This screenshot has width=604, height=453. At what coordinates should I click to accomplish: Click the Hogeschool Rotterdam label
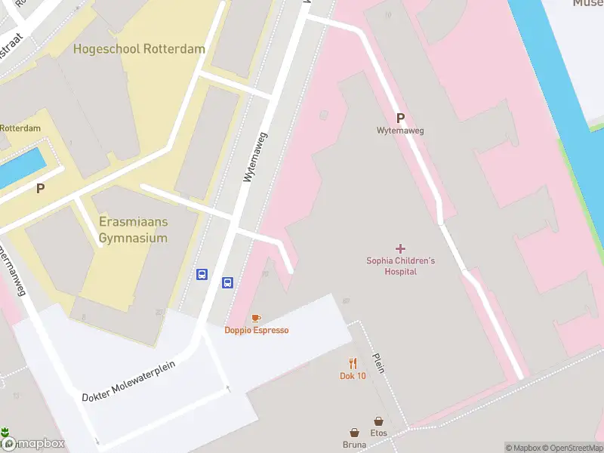coord(139,49)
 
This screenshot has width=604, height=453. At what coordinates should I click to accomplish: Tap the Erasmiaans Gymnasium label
coord(133,230)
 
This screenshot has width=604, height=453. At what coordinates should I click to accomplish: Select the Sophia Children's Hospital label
coord(400,266)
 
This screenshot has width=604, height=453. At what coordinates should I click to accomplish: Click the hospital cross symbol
coord(400,248)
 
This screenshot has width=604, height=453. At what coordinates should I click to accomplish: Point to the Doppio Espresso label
coord(256,330)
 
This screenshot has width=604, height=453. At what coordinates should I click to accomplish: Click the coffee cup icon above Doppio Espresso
coord(256,318)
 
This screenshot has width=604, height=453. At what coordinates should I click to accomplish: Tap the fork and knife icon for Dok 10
coord(353,363)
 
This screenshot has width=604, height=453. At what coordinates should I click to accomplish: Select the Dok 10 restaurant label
coord(353,376)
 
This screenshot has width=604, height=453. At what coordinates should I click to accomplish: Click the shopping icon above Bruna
coord(355,433)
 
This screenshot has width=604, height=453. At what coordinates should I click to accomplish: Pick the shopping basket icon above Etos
coord(378,421)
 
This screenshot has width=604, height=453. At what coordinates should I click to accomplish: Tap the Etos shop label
coord(378,433)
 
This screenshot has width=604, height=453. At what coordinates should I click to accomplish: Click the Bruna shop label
coord(355,445)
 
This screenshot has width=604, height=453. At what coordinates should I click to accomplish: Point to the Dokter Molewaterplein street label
coord(128,381)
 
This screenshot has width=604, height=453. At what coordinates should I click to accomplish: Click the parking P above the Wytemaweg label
coord(400,118)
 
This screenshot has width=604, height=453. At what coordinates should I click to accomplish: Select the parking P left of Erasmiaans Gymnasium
coord(40,189)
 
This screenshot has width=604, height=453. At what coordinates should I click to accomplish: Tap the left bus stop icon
coord(202,275)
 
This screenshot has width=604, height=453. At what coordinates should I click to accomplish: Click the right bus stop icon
coord(227,283)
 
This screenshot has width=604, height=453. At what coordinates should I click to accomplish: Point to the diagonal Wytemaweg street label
coord(256,157)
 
